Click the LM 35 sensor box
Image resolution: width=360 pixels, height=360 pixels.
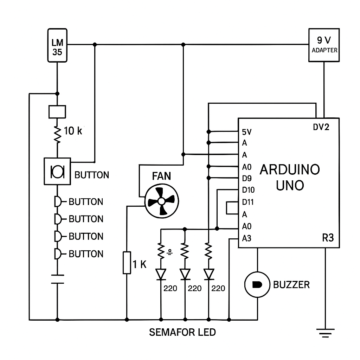click(x=57, y=46)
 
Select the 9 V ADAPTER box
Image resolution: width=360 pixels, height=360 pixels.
click(x=324, y=45)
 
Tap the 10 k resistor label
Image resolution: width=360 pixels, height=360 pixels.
click(x=73, y=131)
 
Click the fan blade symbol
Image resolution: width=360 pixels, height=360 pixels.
click(x=162, y=201)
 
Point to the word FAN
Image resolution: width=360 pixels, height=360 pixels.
click(x=161, y=176)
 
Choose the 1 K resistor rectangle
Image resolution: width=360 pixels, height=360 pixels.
click(x=127, y=262)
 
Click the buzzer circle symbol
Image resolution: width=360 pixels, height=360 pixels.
click(x=258, y=284)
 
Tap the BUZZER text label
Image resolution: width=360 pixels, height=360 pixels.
click(x=291, y=284)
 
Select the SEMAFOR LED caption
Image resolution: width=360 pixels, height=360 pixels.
click(x=182, y=332)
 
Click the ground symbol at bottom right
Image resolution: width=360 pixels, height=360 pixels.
click(x=325, y=332)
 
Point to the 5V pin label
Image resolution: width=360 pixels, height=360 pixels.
click(x=247, y=132)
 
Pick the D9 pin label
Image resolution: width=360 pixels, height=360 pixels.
click(x=247, y=178)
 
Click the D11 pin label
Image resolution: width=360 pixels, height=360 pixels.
click(x=248, y=202)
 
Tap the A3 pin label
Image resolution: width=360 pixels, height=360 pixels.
click(x=247, y=238)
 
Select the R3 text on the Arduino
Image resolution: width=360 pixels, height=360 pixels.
click(x=328, y=238)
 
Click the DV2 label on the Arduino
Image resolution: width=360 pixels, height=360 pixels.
click(x=321, y=127)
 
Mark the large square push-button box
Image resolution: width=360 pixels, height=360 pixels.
click(x=57, y=171)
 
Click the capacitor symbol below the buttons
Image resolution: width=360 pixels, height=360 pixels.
click(x=57, y=278)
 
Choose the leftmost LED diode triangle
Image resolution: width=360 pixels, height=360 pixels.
click(x=161, y=274)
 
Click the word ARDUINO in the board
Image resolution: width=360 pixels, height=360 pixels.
click(x=290, y=170)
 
